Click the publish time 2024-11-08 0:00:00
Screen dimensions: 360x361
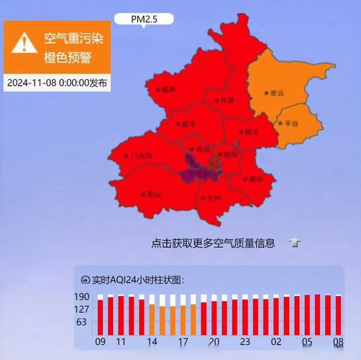tap(58, 83)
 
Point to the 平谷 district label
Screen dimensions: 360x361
tap(289, 124)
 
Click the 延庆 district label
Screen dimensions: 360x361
tap(167, 89)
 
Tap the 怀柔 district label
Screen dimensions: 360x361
tap(226, 100)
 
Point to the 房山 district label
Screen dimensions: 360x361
tap(151, 194)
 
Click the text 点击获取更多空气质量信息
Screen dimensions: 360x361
tap(214, 243)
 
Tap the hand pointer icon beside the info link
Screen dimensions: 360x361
tap(294, 243)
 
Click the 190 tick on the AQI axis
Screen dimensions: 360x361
tap(81, 297)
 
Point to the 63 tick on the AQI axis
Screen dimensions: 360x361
tap(81, 322)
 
